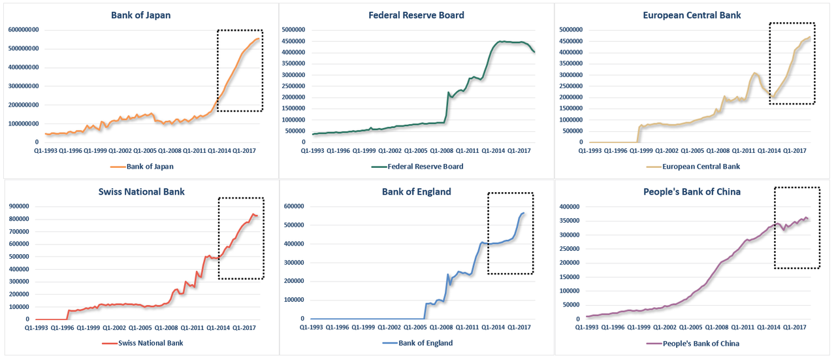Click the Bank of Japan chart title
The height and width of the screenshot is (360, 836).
[x=140, y=15]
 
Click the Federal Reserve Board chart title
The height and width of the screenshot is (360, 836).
[x=416, y=15]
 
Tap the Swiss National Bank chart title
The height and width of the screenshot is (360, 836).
[x=141, y=191]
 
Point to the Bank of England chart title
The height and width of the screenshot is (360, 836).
[x=416, y=191]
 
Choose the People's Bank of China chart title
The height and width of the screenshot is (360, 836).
[x=692, y=191]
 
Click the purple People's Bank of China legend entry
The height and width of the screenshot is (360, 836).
[x=692, y=342]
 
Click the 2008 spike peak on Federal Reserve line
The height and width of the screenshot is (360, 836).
[x=448, y=92]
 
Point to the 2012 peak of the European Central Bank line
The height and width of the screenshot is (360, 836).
[x=754, y=73]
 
